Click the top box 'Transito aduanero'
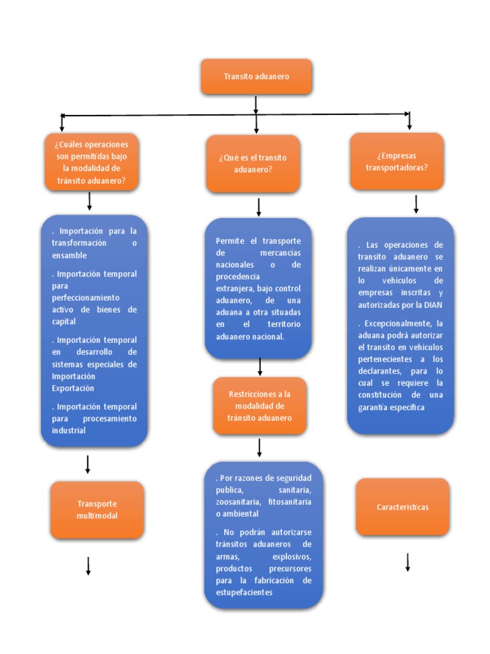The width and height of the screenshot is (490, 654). [x=256, y=77]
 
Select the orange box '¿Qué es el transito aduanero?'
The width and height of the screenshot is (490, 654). [x=253, y=163]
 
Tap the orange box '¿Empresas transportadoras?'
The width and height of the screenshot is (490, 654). [x=397, y=162]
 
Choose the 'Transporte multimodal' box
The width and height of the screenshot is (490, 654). [x=97, y=510]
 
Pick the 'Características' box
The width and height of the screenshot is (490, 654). [x=403, y=507]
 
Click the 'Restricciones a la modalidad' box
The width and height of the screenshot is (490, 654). [x=260, y=406]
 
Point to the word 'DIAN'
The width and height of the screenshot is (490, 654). [x=432, y=305]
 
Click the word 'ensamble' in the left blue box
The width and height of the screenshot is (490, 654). [x=69, y=255]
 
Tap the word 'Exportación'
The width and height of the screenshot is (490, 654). [x=73, y=388]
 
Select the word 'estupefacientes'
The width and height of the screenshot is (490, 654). [x=244, y=593]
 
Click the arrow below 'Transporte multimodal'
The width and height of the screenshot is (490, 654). [x=88, y=565]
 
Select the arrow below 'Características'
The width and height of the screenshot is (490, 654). [x=407, y=562]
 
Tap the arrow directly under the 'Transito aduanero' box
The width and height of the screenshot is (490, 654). [x=256, y=105]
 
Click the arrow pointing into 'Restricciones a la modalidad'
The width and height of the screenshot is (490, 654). [x=260, y=366]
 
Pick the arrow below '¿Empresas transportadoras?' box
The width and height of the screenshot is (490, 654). [x=416, y=204]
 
